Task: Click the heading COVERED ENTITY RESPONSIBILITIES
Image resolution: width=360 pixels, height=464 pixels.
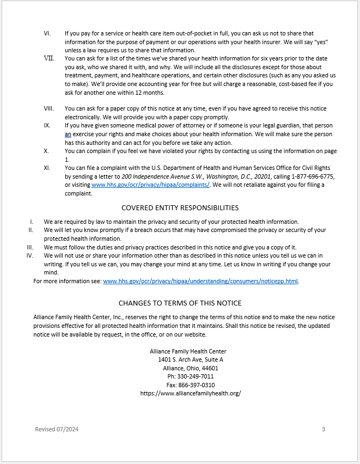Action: coord(180,207)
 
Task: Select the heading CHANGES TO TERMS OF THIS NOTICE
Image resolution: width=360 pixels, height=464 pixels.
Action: coord(180,303)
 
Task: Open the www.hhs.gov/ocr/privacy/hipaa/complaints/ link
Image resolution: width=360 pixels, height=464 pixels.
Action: coord(150,185)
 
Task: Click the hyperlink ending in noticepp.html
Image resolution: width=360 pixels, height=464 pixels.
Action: coord(200,281)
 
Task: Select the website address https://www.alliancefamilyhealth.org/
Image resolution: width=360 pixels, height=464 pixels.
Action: coord(190,393)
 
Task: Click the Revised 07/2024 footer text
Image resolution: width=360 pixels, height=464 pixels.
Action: coord(57,429)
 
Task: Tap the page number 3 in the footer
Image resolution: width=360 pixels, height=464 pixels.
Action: coord(323,429)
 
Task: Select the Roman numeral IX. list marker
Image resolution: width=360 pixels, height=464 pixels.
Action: coord(47,125)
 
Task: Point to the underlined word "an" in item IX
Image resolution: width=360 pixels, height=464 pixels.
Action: coord(68,134)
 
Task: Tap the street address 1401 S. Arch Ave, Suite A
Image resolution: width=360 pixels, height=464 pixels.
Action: coord(190,360)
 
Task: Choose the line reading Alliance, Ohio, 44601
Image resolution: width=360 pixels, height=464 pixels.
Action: coord(190,368)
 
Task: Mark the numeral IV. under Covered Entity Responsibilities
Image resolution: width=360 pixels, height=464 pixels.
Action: coord(30,255)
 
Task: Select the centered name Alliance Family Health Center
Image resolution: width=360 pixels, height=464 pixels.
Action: coord(188,351)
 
